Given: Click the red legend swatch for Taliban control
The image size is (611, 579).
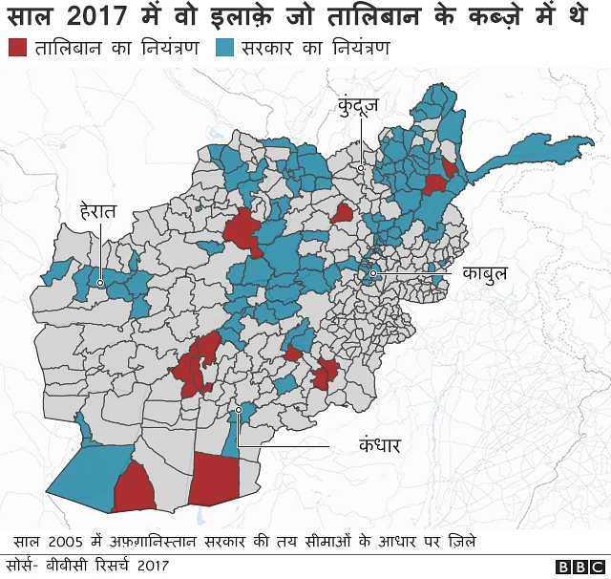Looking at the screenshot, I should [18, 48].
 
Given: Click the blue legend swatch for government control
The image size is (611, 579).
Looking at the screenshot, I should [225, 48].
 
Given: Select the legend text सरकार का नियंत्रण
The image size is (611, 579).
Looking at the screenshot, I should [315, 48].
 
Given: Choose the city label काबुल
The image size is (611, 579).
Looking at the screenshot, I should [483, 274].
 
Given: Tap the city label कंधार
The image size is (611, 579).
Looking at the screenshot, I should [378, 444].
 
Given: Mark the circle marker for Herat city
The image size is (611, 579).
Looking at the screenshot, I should [100, 283].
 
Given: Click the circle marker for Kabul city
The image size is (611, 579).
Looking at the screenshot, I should [373, 276].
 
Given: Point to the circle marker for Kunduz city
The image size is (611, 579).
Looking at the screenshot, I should [361, 168].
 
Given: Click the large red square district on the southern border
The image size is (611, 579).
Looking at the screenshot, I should [213, 479].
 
